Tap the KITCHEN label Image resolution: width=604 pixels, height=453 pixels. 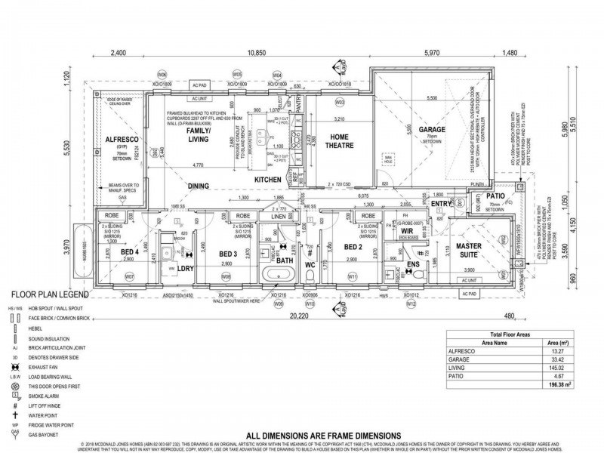click(268, 180)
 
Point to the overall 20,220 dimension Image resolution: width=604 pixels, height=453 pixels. click(317, 318)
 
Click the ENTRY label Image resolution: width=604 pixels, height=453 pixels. click(441, 203)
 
